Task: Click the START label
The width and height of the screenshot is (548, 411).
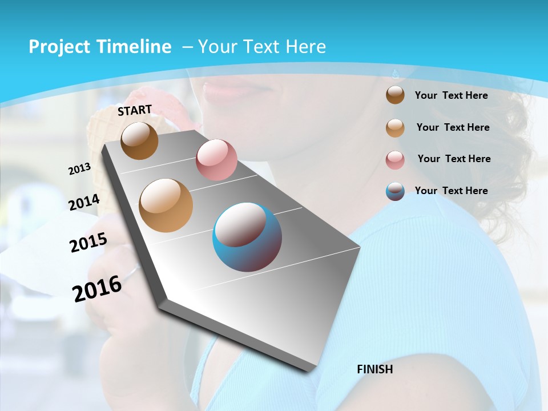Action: pos(135,110)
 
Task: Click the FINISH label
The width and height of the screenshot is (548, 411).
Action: pos(374,369)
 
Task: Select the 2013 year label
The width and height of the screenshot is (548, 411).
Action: pos(79,169)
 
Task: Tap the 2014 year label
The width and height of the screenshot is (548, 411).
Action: pos(84,203)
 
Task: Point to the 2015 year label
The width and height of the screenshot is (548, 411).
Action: pos(88,243)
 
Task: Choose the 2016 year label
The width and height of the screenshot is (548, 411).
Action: pos(97,289)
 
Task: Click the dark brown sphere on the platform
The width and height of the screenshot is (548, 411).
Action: pos(139,140)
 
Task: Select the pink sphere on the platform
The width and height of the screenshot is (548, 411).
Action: pos(216,160)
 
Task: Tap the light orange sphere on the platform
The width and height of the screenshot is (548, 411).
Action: pos(166,205)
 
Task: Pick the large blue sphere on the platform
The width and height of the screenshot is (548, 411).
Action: pos(247,237)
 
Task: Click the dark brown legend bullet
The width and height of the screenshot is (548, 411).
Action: pos(395,95)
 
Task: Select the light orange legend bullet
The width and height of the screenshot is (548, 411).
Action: pos(395,128)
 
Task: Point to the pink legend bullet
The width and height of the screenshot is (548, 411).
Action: pos(395,159)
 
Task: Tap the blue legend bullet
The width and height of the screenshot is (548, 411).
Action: pos(395,191)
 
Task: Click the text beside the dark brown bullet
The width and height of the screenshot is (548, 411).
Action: pos(451,95)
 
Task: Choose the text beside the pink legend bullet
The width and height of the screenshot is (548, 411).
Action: pos(454,159)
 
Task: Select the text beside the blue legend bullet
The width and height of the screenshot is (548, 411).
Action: pos(451,191)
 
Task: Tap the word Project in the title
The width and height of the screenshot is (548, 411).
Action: pos(56,47)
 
